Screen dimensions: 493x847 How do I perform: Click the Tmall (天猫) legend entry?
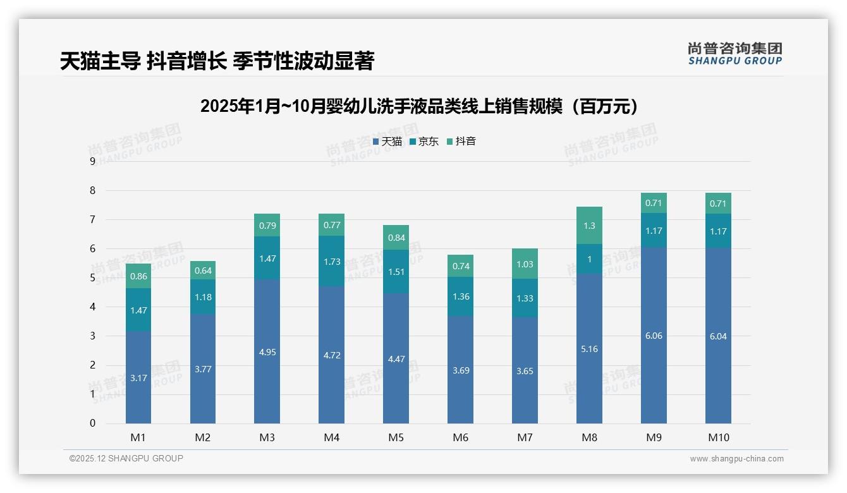click(387, 142)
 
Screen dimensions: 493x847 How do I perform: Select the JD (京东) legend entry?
click(424, 142)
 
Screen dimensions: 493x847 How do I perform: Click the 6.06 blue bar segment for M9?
click(654, 336)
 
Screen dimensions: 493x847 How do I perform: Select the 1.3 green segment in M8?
click(589, 226)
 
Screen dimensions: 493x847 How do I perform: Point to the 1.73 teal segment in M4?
click(331, 261)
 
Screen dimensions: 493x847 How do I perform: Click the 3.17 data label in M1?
click(138, 378)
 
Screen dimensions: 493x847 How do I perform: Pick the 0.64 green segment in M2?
click(203, 271)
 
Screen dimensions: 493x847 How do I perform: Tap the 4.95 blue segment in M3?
click(267, 351)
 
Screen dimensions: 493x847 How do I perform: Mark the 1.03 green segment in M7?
click(525, 264)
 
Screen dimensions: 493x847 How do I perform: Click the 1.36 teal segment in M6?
click(460, 296)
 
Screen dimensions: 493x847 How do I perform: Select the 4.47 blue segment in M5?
click(396, 358)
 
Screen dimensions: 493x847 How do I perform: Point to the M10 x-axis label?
click(718, 437)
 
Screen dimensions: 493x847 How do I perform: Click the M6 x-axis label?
click(460, 437)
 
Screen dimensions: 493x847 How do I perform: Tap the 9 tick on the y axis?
click(92, 161)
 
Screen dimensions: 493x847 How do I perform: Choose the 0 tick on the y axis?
click(92, 423)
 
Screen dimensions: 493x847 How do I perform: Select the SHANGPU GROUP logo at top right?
click(734, 54)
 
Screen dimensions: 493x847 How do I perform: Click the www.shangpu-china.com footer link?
click(736, 459)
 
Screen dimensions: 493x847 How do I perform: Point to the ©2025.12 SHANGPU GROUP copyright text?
click(126, 458)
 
